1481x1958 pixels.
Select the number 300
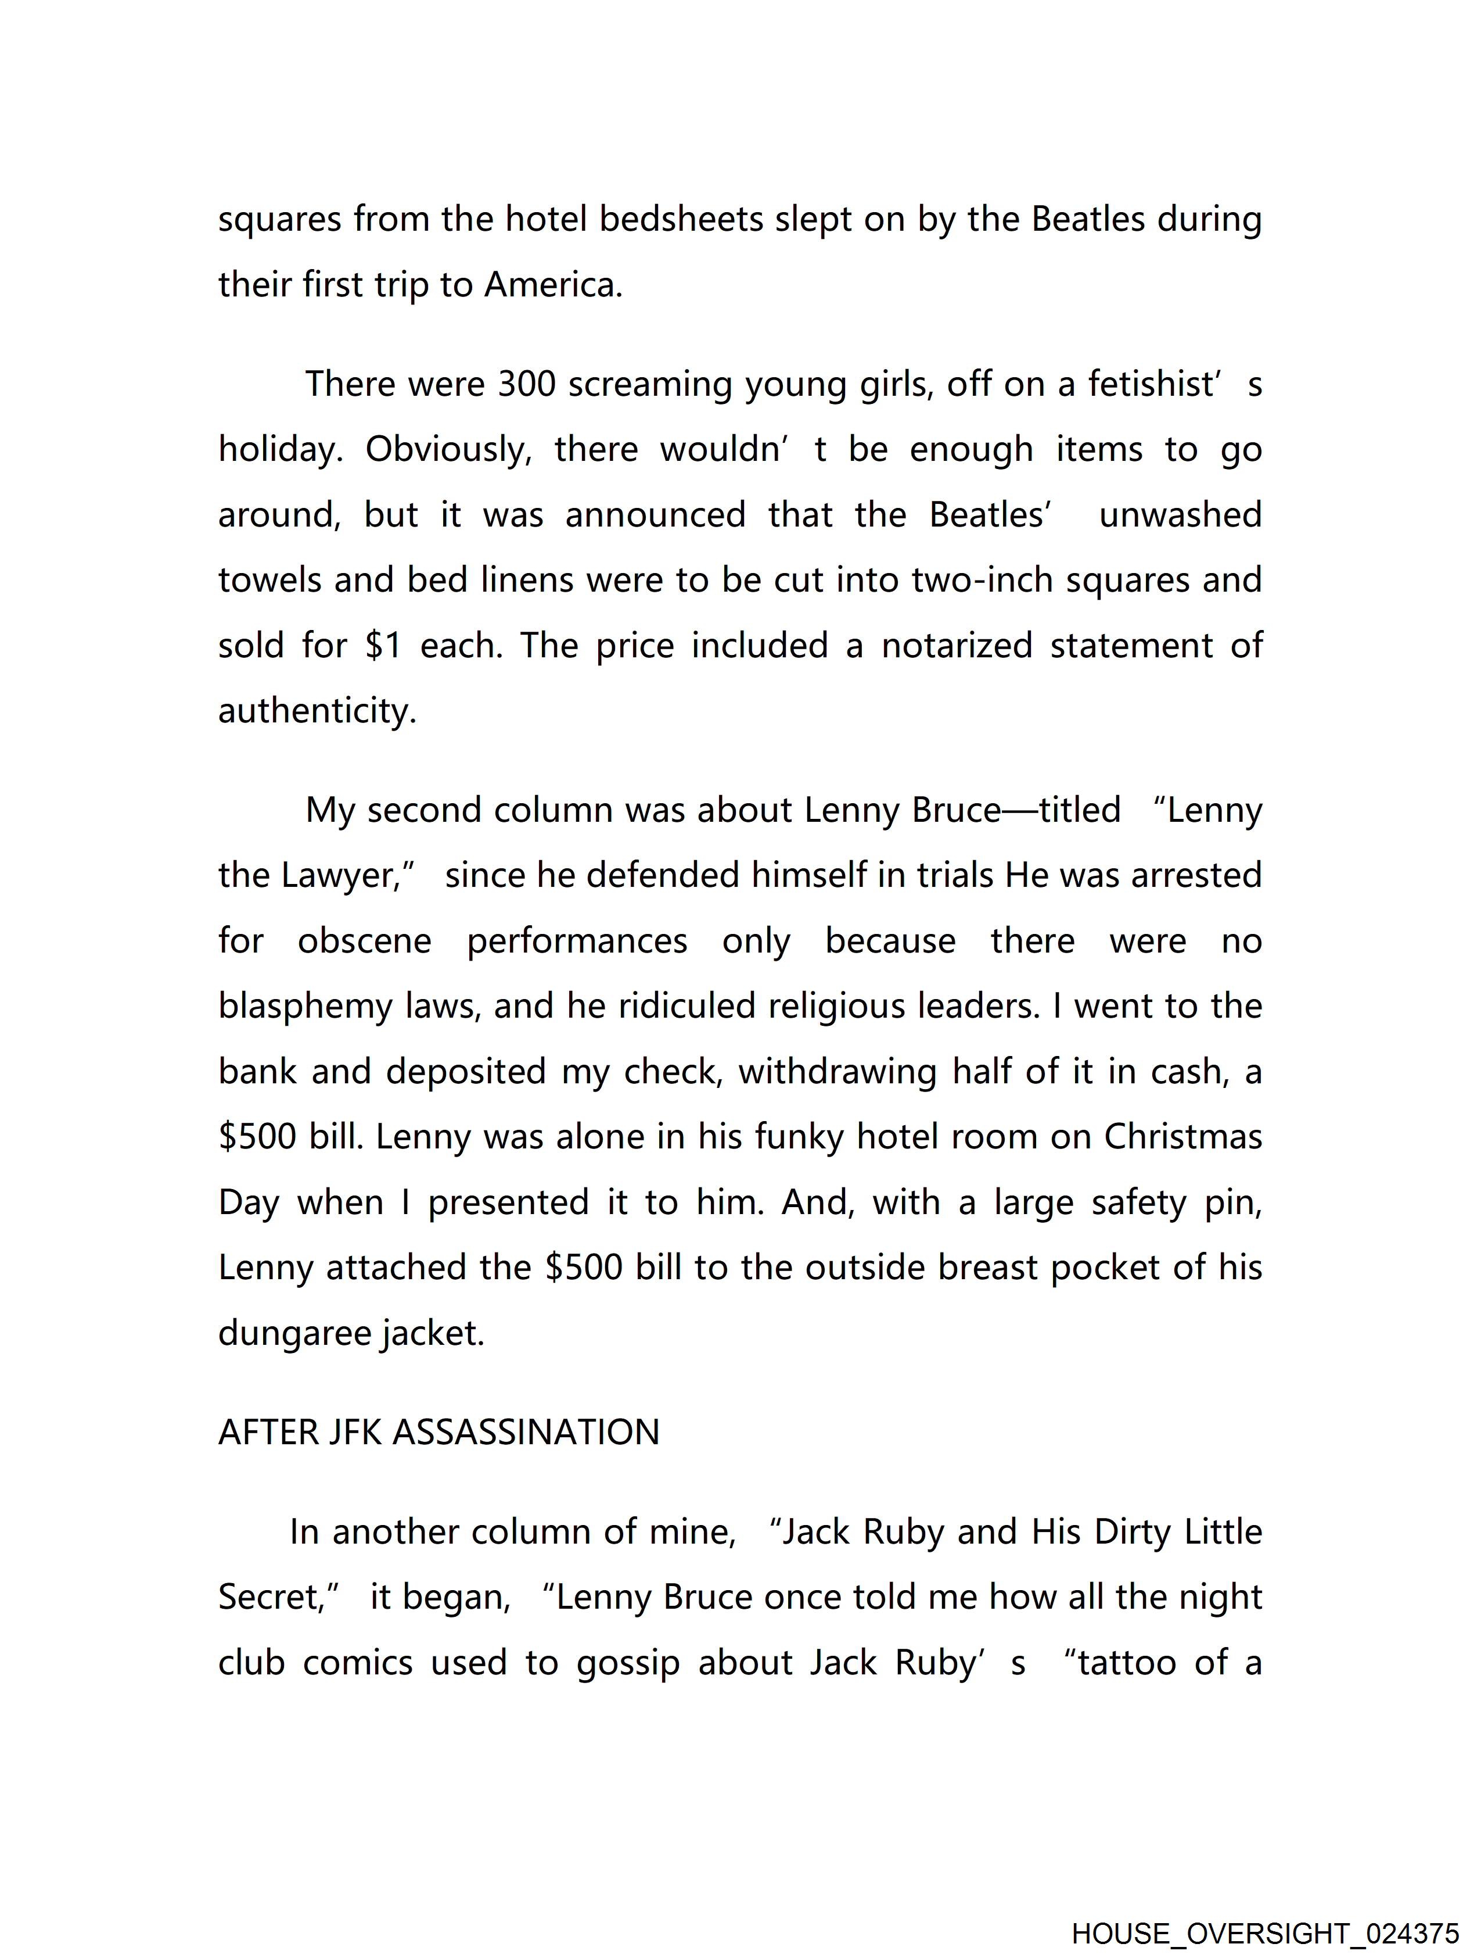click(526, 384)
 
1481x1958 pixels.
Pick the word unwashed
click(1180, 515)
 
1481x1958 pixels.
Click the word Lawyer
click(343, 875)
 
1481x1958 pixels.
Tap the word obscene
click(365, 941)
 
